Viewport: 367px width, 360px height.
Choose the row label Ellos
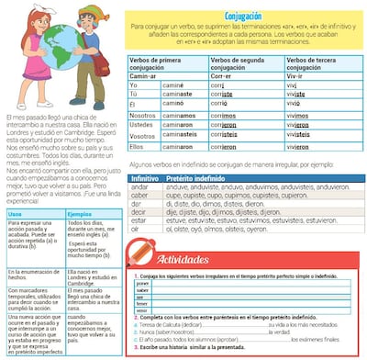[x=138, y=145]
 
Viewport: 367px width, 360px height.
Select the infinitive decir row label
[x=139, y=210]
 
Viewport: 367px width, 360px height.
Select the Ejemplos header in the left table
[x=82, y=212]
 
